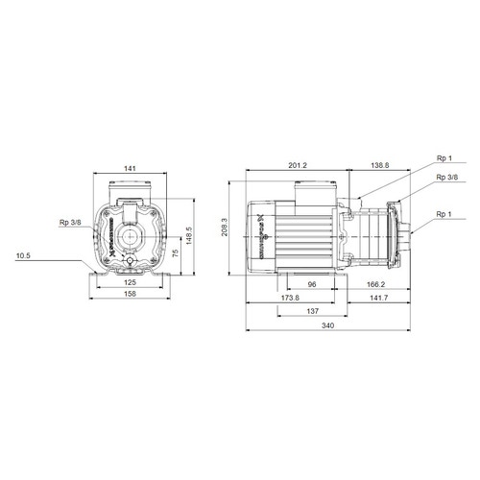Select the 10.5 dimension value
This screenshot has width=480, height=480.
point(24,256)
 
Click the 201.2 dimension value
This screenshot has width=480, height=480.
point(297,165)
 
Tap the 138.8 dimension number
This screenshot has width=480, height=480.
point(380,165)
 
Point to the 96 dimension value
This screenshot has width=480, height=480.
point(312,284)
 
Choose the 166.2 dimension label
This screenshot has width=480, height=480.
point(376,284)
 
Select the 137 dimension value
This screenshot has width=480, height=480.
point(312,313)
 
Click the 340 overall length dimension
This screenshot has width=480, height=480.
point(329,327)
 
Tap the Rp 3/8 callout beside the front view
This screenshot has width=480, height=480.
point(70,224)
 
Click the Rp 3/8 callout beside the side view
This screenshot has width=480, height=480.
point(446,178)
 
